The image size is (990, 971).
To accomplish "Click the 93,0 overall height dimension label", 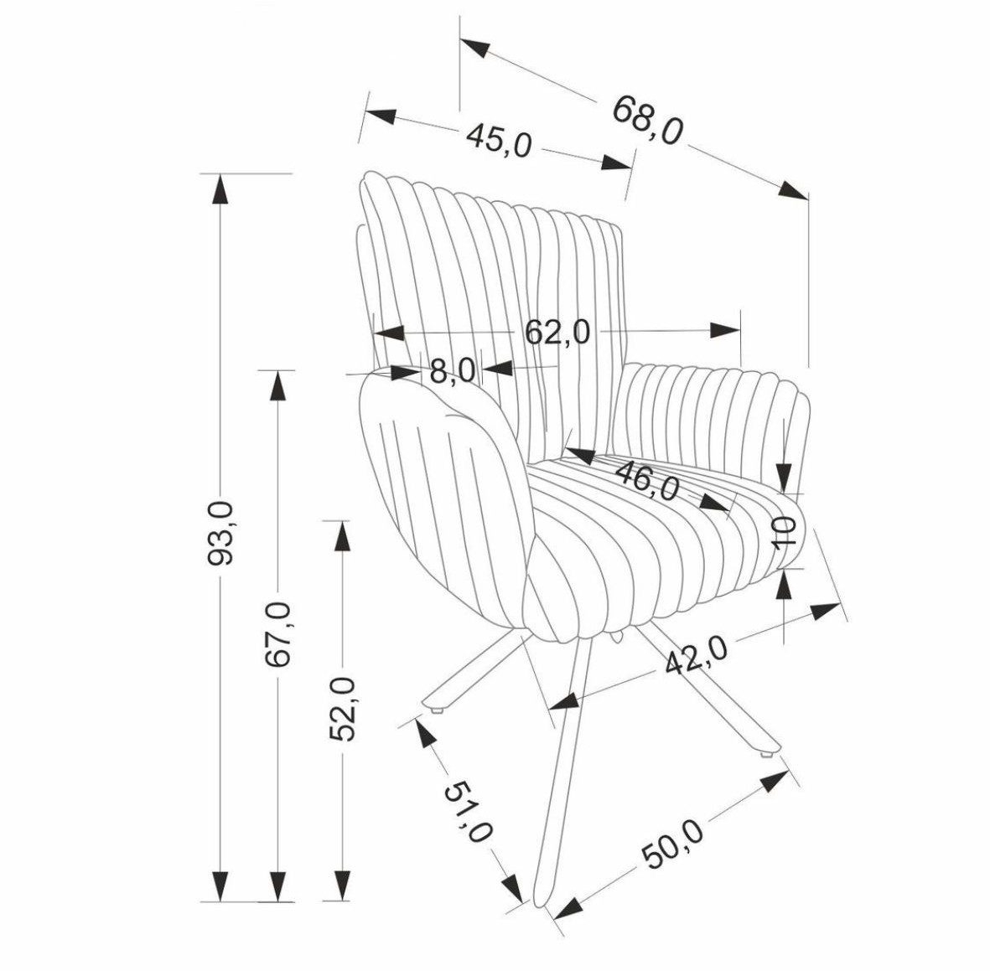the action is point(221,533).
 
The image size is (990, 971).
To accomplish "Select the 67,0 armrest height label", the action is point(277,634).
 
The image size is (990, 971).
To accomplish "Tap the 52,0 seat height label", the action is point(343,709).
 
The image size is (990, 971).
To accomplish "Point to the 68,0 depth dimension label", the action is point(649,120).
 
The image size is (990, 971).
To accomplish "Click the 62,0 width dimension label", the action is point(558,332).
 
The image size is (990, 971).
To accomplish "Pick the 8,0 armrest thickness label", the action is point(452,371).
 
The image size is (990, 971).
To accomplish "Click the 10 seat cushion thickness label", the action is point(785,532).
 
